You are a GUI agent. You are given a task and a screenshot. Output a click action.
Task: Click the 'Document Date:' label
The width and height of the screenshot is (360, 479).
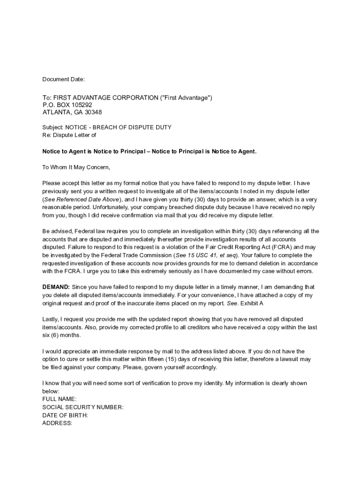64,80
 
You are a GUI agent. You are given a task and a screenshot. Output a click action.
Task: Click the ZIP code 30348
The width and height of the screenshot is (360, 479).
93,112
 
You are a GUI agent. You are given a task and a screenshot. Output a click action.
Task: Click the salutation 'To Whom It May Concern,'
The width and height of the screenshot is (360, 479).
76,167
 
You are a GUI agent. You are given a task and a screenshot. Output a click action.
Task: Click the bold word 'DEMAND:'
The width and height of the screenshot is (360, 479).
56,287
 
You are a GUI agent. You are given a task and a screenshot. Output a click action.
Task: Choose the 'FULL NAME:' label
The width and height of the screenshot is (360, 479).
59,399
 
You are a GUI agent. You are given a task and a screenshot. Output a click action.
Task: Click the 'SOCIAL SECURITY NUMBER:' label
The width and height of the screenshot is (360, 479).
83,407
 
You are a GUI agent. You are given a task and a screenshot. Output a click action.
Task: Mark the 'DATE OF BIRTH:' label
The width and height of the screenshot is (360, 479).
65,415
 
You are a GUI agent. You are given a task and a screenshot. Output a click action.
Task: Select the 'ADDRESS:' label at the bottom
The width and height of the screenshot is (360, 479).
57,423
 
